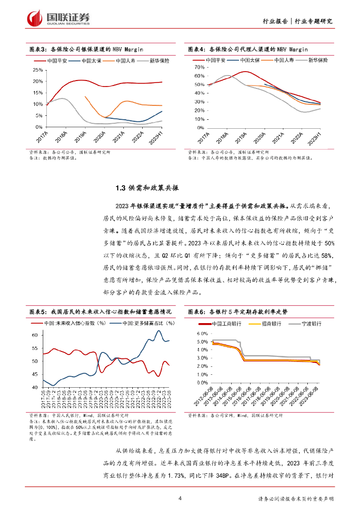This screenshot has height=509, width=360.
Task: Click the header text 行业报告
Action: pyautogui.click(x=274, y=21)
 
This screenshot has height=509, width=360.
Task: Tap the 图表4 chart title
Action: pyautogui.click(x=248, y=49)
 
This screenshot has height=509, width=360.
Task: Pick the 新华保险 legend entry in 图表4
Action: pyautogui.click(x=318, y=60)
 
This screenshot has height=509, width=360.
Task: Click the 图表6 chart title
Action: pyautogui.click(x=238, y=312)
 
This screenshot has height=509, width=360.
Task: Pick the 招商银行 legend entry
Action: pyautogui.click(x=269, y=323)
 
